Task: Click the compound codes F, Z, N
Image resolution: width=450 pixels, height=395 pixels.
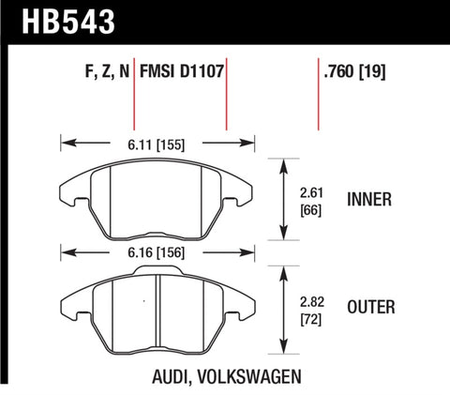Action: pyautogui.click(x=100, y=70)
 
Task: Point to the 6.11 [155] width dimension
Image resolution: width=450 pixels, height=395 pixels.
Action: pyautogui.click(x=157, y=144)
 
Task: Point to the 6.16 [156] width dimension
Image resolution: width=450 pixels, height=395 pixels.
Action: pyautogui.click(x=157, y=251)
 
